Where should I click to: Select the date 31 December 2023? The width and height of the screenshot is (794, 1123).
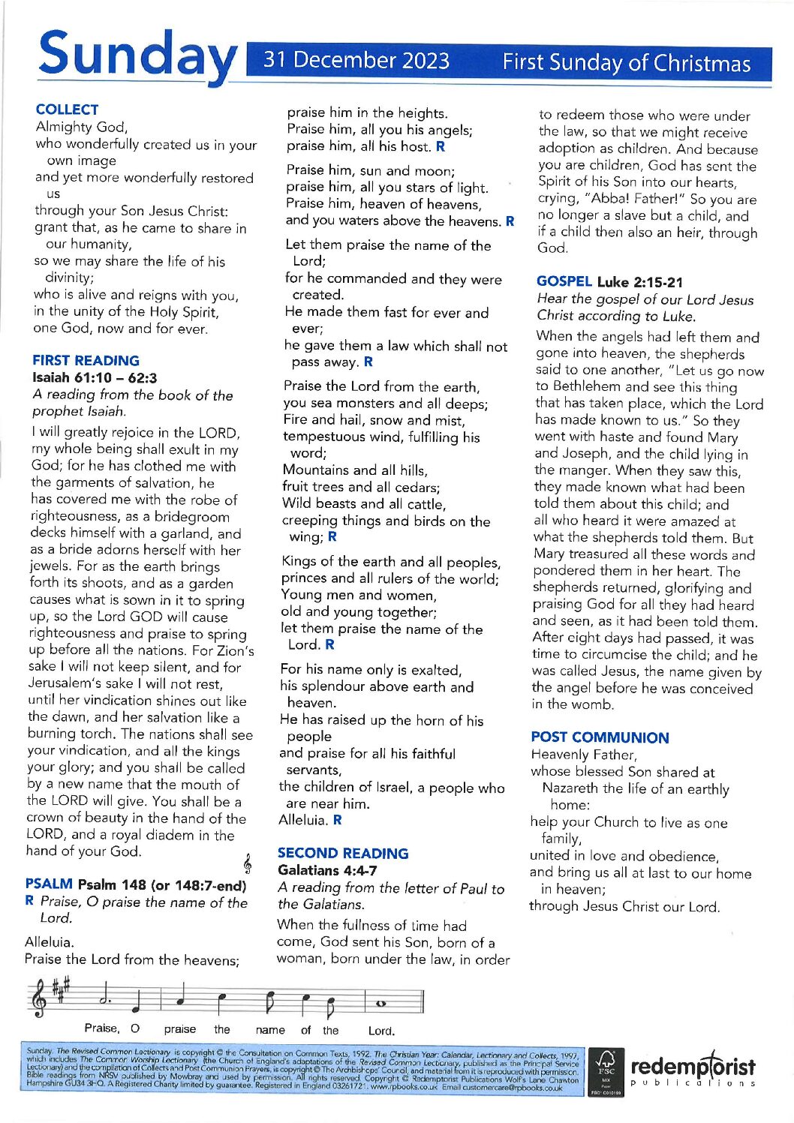click(356, 60)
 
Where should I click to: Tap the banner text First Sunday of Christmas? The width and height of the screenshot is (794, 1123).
click(626, 63)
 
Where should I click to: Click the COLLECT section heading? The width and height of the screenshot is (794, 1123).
click(67, 110)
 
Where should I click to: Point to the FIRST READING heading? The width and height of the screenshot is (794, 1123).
click(86, 361)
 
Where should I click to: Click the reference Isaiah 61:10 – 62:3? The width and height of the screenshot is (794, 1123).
click(95, 378)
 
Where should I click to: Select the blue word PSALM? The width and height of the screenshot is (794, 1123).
click(49, 884)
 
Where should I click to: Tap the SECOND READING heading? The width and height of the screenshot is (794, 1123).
click(343, 853)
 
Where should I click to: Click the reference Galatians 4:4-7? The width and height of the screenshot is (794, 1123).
click(327, 870)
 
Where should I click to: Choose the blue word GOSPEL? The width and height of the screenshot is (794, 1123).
click(564, 281)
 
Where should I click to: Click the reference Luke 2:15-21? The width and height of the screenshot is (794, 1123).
click(640, 282)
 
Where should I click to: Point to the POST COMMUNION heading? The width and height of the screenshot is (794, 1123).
click(600, 737)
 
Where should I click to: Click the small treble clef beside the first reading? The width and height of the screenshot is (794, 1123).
click(247, 864)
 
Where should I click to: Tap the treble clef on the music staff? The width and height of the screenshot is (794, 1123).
click(37, 1001)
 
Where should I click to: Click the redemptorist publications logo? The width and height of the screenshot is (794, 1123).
click(693, 1070)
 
